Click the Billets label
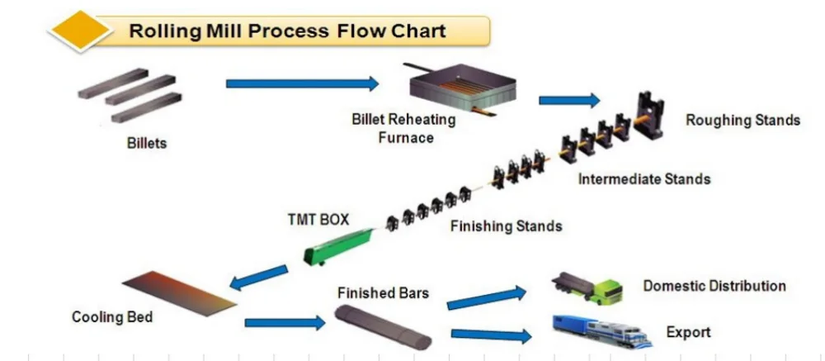tap(146, 143)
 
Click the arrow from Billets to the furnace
tap(302, 83)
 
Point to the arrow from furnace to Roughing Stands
tap(569, 100)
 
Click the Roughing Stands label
tap(742, 120)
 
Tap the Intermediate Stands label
tap(643, 178)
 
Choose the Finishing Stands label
tap(506, 226)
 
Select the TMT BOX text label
tap(318, 220)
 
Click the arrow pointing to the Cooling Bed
tap(259, 278)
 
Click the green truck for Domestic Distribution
tap(587, 287)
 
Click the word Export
tap(688, 332)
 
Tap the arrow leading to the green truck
tap(487, 297)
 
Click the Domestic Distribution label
tap(714, 286)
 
